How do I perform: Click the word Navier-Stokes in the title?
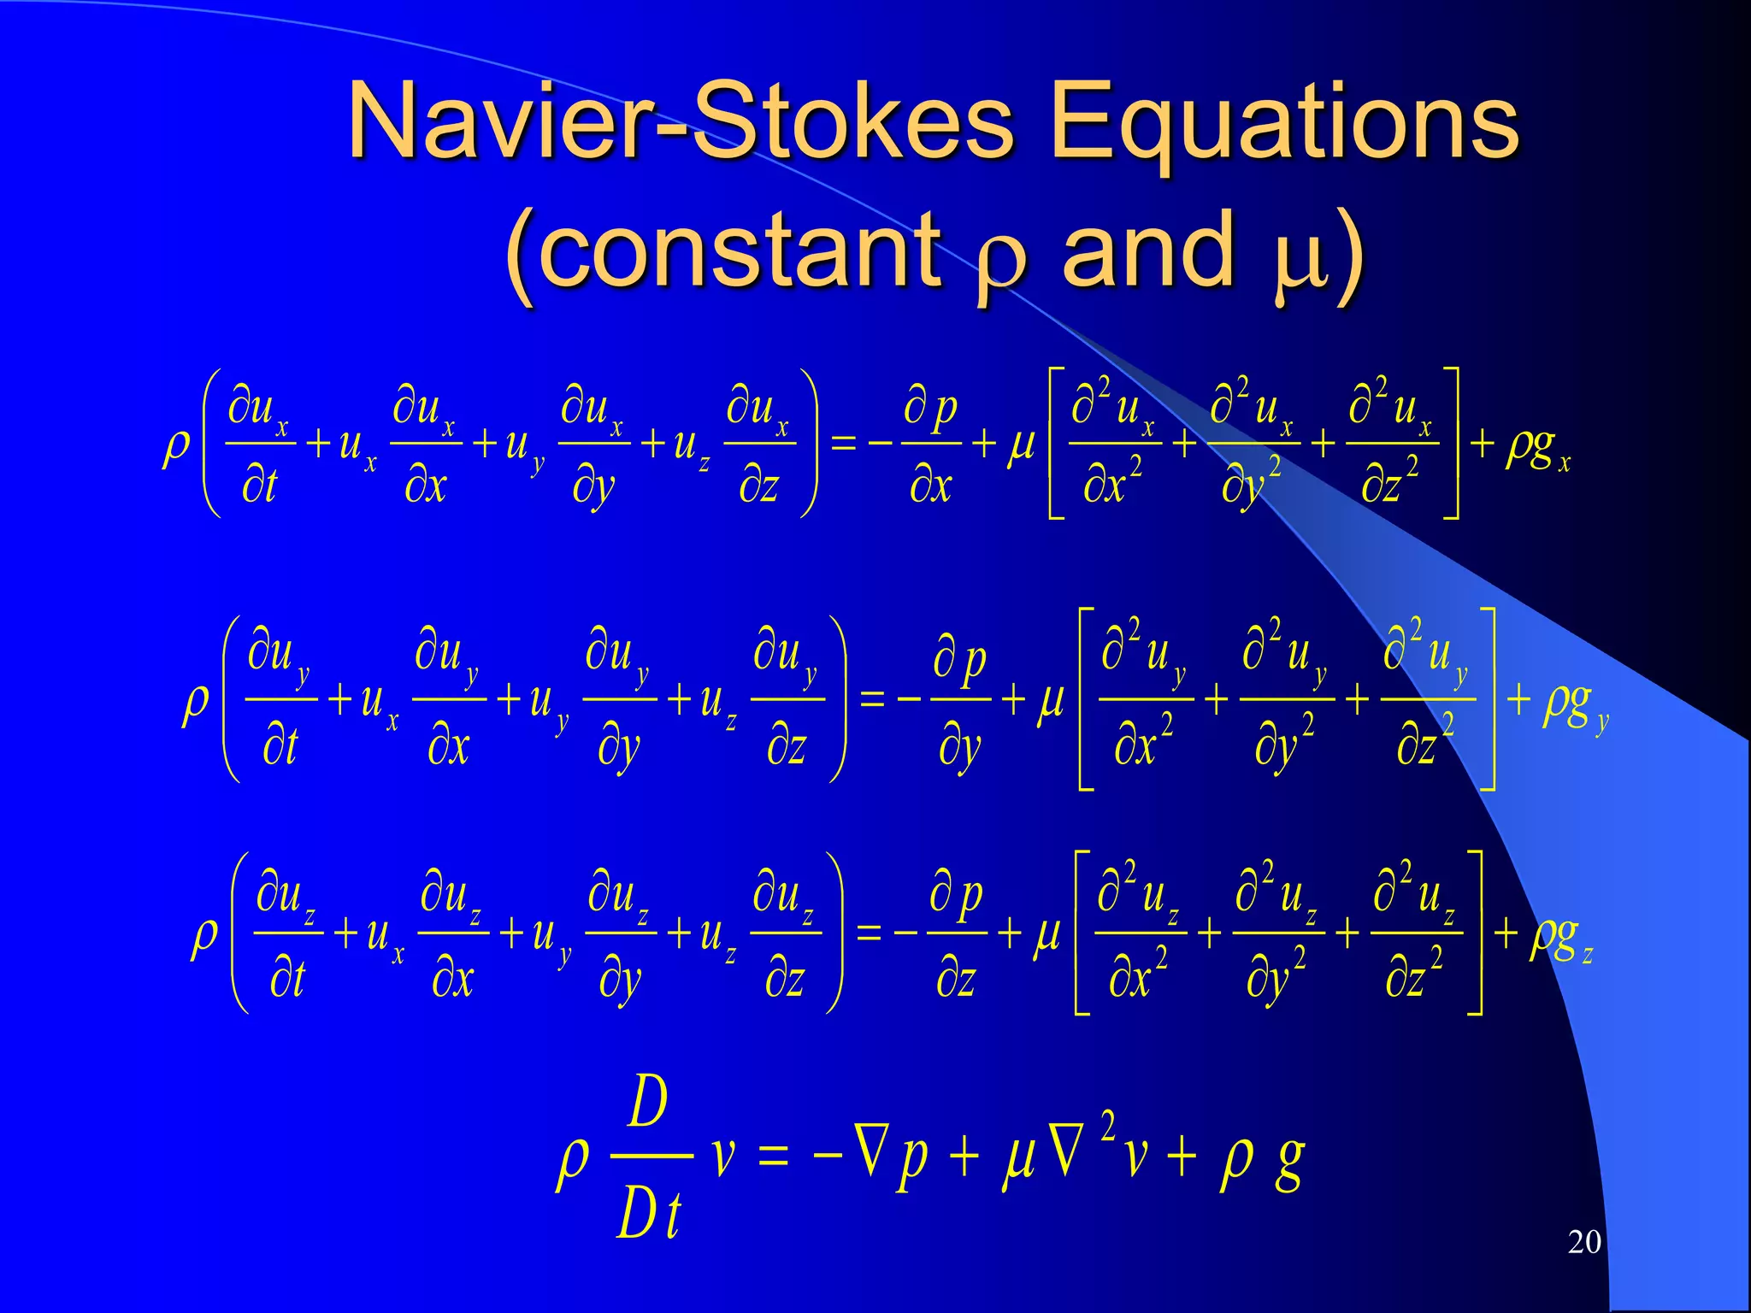pos(680,121)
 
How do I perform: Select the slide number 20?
pos(1583,1242)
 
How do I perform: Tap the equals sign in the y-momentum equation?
pos(871,700)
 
